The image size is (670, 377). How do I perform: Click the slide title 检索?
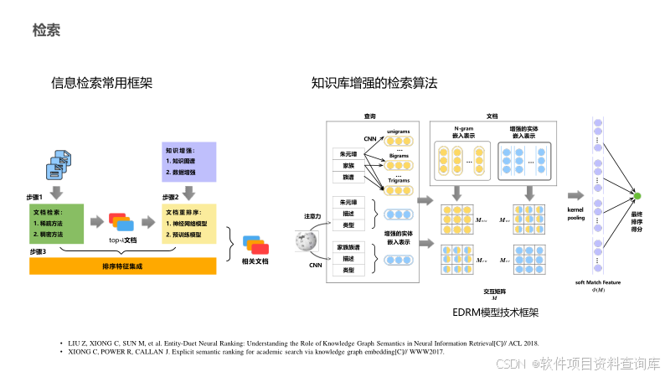(x=46, y=31)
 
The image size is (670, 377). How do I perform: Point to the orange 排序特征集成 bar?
(x=122, y=266)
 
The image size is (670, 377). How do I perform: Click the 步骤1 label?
(x=36, y=196)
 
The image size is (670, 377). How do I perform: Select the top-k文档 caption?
(x=122, y=240)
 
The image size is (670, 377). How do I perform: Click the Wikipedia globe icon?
(x=305, y=241)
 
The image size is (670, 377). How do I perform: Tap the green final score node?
(x=636, y=196)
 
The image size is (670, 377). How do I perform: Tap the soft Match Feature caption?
(x=597, y=282)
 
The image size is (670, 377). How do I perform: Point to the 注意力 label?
(x=313, y=216)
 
